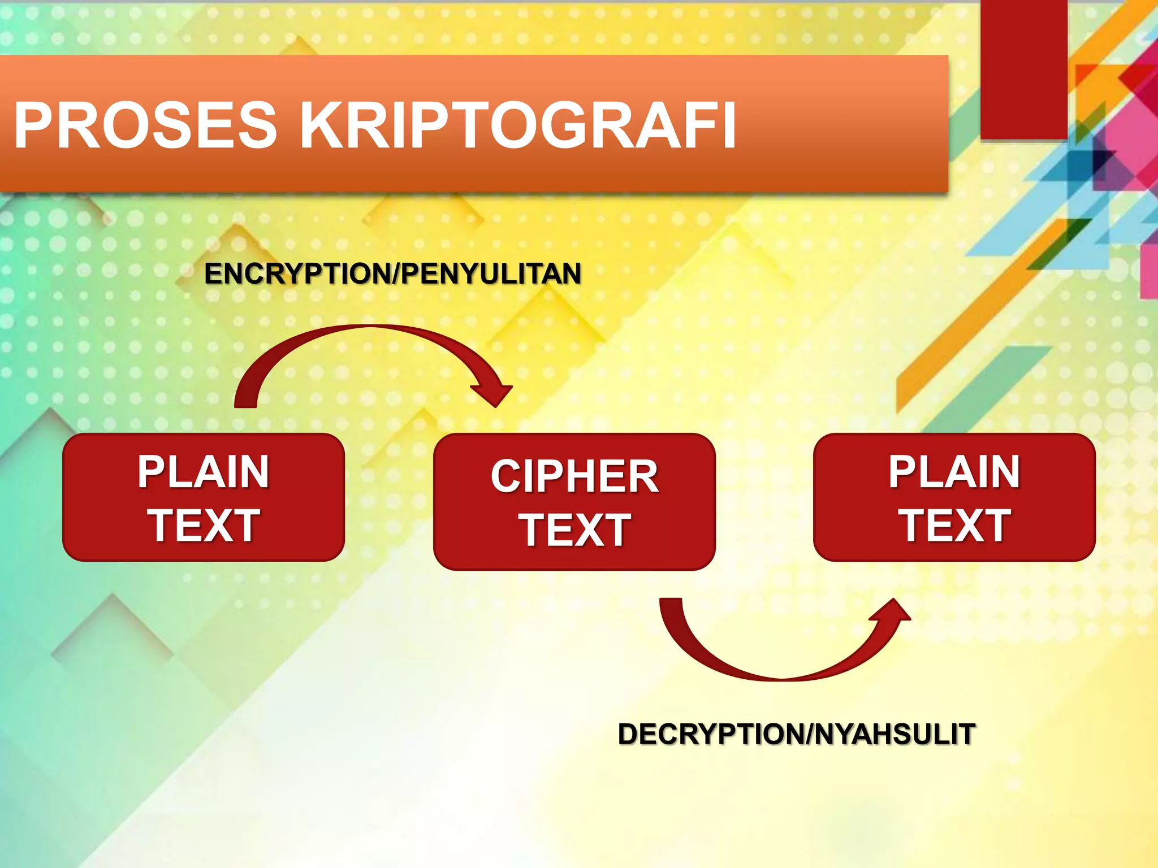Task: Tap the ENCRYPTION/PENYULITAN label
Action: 393,274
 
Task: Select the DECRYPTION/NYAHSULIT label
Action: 796,734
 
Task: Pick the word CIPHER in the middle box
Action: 574,476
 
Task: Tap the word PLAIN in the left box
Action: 204,472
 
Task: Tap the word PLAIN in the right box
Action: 954,472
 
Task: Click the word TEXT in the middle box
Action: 574,530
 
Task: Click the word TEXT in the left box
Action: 204,526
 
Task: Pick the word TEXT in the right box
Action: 954,526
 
